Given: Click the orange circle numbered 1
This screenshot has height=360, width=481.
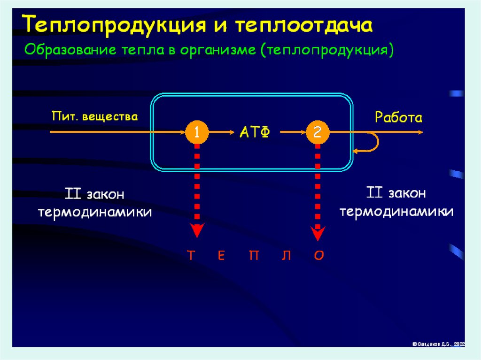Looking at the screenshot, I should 197,132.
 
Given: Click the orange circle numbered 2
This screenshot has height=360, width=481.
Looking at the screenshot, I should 318,132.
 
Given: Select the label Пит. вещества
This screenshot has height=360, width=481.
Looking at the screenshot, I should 95,116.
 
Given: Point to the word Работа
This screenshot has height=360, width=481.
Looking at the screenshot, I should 398,117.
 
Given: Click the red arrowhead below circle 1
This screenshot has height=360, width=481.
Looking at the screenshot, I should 197,230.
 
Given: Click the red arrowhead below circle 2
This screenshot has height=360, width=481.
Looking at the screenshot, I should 318,230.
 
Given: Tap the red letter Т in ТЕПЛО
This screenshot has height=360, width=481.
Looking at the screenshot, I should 191,256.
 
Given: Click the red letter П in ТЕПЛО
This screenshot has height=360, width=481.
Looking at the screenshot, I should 254,256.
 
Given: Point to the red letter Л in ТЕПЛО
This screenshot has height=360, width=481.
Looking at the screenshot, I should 287,256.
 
